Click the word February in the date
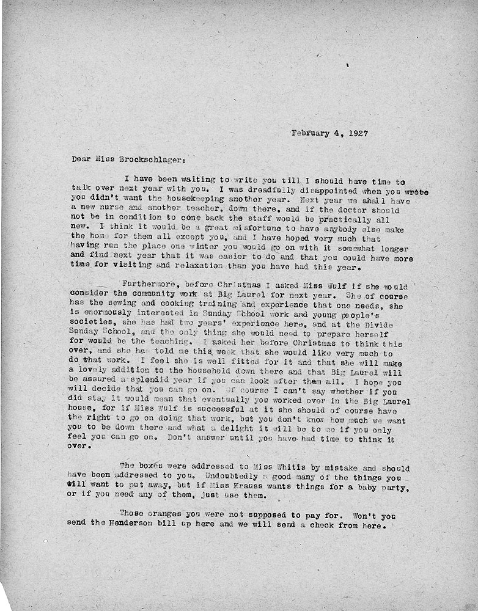[312, 132]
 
